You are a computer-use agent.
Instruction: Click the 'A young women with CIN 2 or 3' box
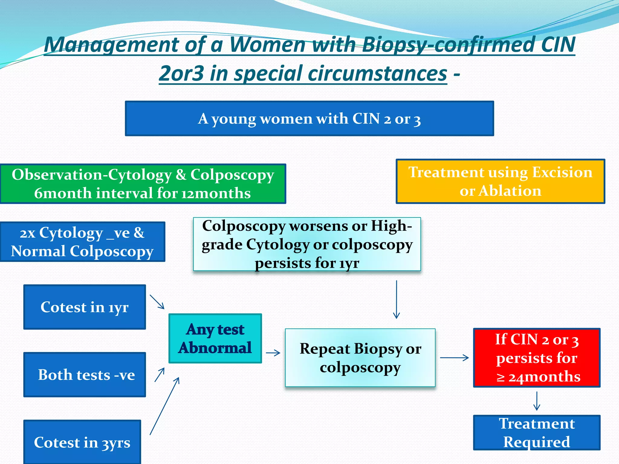coord(309,118)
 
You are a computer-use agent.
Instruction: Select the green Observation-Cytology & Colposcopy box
coord(143,184)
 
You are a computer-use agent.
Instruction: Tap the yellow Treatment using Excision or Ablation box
coord(500,181)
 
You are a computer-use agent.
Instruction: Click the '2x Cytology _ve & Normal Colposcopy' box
coord(82,242)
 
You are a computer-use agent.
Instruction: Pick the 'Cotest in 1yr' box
coord(85,307)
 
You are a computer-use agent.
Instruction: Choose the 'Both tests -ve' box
coord(85,375)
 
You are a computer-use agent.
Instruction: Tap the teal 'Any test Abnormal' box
coord(215,338)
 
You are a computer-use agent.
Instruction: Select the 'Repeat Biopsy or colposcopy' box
coord(360,358)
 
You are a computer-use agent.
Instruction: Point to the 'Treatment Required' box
coord(537,433)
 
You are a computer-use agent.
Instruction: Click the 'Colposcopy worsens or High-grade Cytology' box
coord(307,244)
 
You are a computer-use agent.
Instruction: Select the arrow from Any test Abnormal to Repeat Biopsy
coord(273,353)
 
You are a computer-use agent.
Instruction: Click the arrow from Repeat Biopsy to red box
coord(454,358)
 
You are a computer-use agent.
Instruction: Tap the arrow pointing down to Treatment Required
coord(537,401)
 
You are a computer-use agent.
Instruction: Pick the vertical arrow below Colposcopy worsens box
coord(397,299)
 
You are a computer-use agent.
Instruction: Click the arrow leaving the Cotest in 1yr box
coord(157,302)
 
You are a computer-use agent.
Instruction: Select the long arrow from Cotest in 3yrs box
coord(164,406)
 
